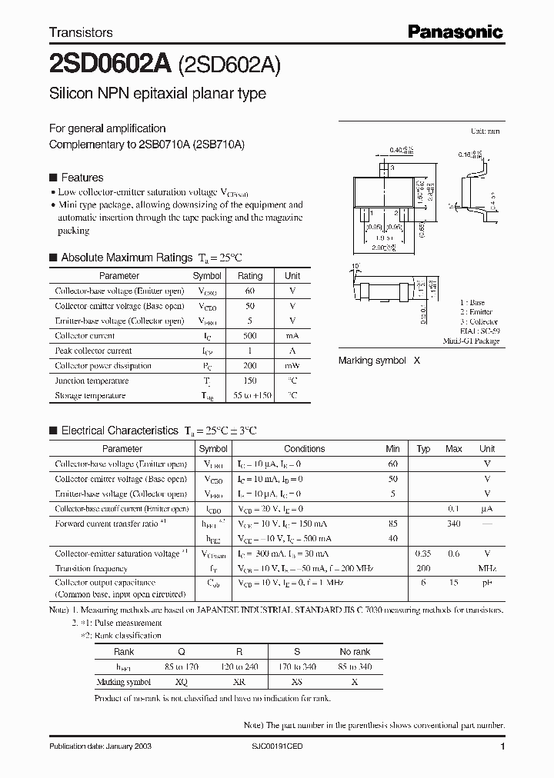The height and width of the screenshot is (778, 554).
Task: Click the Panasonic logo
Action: pyautogui.click(x=455, y=32)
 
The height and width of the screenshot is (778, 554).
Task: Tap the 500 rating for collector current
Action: pyautogui.click(x=250, y=336)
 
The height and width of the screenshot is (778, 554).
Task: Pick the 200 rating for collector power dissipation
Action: pyautogui.click(x=250, y=366)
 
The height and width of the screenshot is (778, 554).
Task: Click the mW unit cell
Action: pyautogui.click(x=292, y=366)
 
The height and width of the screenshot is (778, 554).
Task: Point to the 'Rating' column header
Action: pyautogui.click(x=250, y=275)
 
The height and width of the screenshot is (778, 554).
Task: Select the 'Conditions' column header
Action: pyautogui.click(x=304, y=449)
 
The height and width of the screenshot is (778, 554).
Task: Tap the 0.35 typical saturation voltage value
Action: pyautogui.click(x=423, y=554)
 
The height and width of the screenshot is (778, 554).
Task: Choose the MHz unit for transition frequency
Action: pyautogui.click(x=487, y=569)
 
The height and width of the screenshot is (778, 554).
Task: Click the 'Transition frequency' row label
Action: pyautogui.click(x=91, y=569)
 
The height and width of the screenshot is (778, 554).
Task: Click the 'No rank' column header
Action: pyautogui.click(x=355, y=652)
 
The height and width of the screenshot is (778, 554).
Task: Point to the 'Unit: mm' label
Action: pyautogui.click(x=486, y=132)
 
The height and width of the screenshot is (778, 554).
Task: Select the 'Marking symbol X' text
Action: pyautogui.click(x=379, y=360)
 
